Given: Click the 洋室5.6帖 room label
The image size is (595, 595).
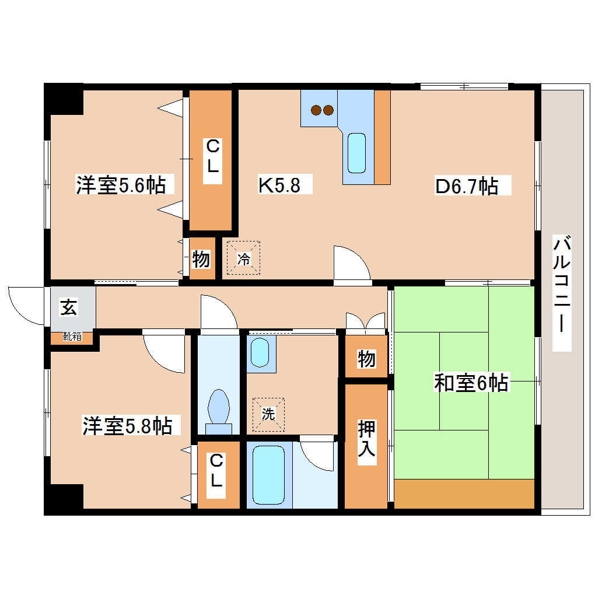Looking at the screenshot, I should (x=120, y=185).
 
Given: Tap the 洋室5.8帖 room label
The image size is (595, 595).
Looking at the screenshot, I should (x=127, y=425).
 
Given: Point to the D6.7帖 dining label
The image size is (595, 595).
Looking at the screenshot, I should (x=467, y=186).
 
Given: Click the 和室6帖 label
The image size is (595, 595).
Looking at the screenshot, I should (x=471, y=383).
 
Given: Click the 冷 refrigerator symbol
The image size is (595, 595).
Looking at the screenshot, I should (x=243, y=258).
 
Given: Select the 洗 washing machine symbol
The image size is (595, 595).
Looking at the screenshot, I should (x=268, y=415).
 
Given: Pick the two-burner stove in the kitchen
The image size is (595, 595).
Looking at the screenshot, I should (x=322, y=109).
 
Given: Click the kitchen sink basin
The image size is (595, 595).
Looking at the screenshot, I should (x=356, y=153).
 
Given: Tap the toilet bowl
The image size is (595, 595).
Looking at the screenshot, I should (x=219, y=407).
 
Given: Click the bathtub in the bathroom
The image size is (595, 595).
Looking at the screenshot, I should (x=269, y=474).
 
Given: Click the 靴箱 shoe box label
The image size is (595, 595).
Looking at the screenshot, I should (x=72, y=337).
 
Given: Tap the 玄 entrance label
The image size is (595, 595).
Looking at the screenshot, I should (x=69, y=308).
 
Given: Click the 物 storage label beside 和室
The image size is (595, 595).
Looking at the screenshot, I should (x=366, y=359).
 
